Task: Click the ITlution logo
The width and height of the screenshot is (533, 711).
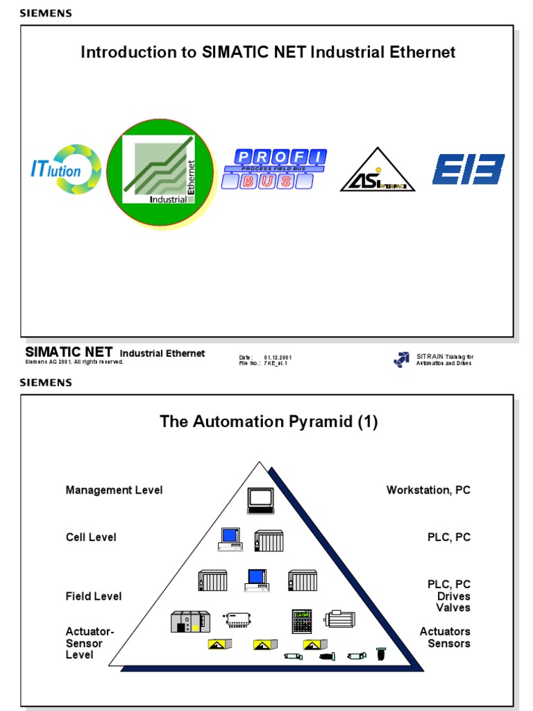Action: point(66,170)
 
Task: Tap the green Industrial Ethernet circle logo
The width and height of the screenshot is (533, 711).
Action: point(160,172)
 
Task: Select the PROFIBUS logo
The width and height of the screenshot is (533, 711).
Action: point(274,169)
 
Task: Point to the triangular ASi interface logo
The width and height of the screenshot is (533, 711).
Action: point(377,172)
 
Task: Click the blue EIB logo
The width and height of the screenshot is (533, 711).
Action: point(468,169)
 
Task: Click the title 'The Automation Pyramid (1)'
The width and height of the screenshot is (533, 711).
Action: point(269,421)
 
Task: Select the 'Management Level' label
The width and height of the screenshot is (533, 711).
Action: point(114,490)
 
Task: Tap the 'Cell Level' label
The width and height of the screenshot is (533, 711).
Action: point(91,537)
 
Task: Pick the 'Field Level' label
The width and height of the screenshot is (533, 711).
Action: point(94,596)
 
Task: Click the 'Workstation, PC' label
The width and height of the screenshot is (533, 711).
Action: point(428,490)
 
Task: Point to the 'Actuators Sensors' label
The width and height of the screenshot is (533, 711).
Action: point(445,637)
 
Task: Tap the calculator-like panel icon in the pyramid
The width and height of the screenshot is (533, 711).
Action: point(302,621)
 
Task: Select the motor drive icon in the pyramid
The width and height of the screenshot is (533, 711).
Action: point(339,619)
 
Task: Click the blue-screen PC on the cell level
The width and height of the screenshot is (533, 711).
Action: point(229,539)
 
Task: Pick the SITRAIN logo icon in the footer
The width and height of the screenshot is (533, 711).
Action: point(402,359)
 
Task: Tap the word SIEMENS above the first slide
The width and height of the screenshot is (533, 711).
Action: point(45,13)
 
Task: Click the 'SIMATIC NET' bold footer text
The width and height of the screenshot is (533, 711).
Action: point(69,352)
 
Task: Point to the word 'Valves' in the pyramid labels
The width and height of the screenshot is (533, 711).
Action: point(453,608)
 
